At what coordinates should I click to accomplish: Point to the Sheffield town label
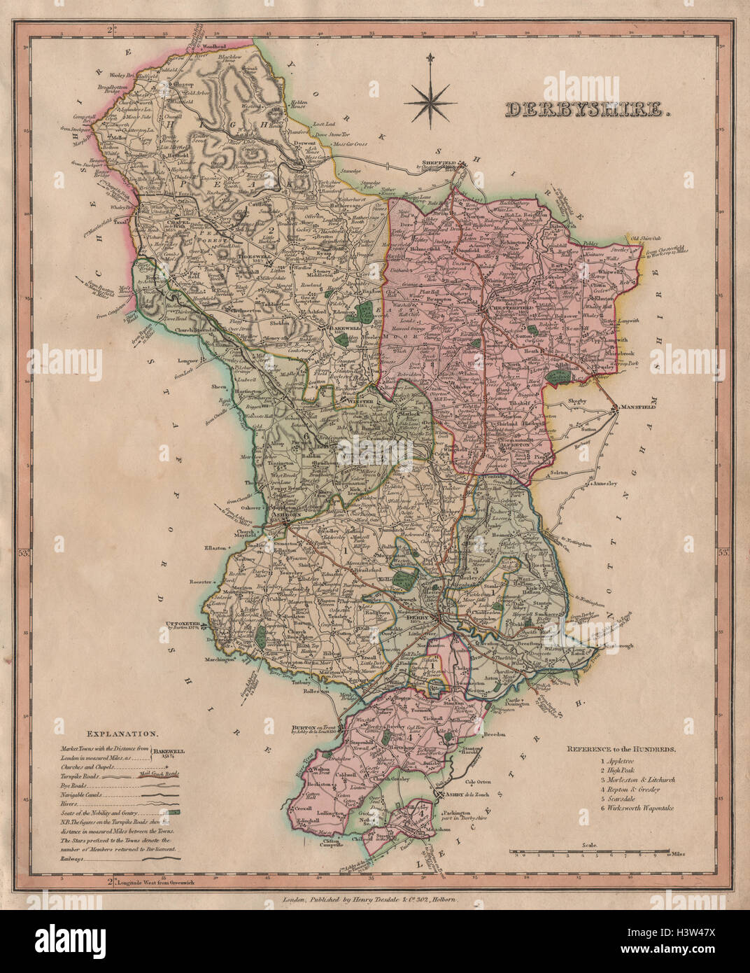pos(441,163)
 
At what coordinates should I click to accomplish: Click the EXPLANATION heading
pos(121,734)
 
